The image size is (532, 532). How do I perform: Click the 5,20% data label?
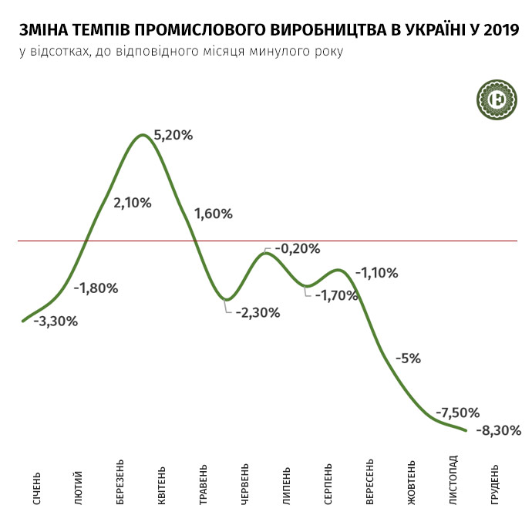coord(173,135)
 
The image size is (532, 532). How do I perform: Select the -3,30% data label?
coord(55,322)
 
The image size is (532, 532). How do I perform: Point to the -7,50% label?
coord(457,412)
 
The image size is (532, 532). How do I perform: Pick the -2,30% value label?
coord(258,313)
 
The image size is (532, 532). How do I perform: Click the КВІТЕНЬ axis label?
coord(161,485)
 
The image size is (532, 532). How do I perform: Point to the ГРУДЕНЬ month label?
coord(494,485)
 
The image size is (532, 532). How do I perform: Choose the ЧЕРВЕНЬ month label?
coord(244,485)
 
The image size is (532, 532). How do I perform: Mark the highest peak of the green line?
coord(142,136)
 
